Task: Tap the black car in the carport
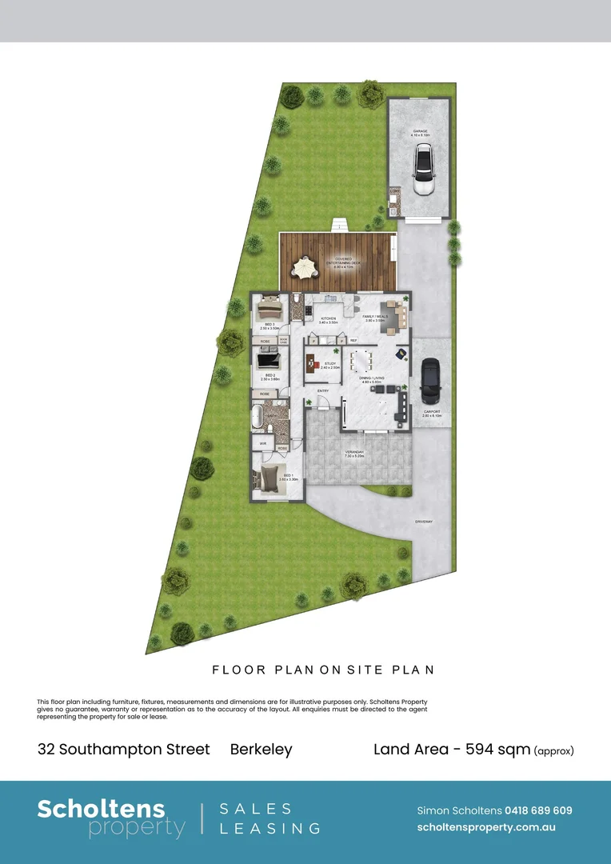click(x=430, y=381)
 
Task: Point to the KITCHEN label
click(x=329, y=319)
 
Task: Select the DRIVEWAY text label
click(x=424, y=522)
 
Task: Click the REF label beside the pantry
click(x=353, y=341)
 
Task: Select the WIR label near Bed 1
click(x=262, y=442)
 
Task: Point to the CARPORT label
click(x=432, y=413)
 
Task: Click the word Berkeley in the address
click(x=262, y=750)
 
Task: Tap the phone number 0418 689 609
click(x=538, y=810)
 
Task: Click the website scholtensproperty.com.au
click(x=486, y=828)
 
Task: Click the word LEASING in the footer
click(x=270, y=829)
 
